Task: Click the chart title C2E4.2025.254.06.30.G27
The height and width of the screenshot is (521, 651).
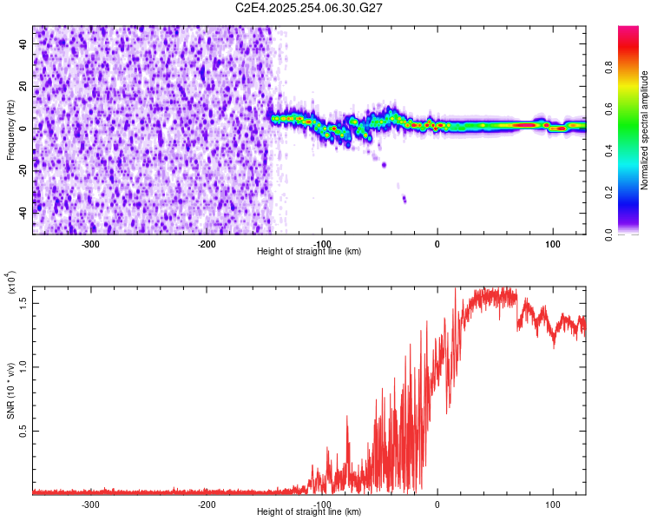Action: pos(309,8)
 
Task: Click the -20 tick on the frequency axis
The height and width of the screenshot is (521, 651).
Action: pos(23,170)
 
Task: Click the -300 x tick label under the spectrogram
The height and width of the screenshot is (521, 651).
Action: pos(90,244)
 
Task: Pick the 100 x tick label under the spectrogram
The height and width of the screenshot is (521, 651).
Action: pos(552,244)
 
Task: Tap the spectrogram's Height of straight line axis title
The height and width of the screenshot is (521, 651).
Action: pos(309,252)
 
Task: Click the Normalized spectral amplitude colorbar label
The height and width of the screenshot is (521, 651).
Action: pos(644,130)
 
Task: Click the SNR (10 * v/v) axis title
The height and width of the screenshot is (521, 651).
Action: pos(10,391)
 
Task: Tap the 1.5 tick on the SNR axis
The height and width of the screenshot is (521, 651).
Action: pos(24,301)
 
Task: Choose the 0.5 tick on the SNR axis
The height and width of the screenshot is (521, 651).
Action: pos(24,430)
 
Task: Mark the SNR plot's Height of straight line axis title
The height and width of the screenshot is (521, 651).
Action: pos(309,512)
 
